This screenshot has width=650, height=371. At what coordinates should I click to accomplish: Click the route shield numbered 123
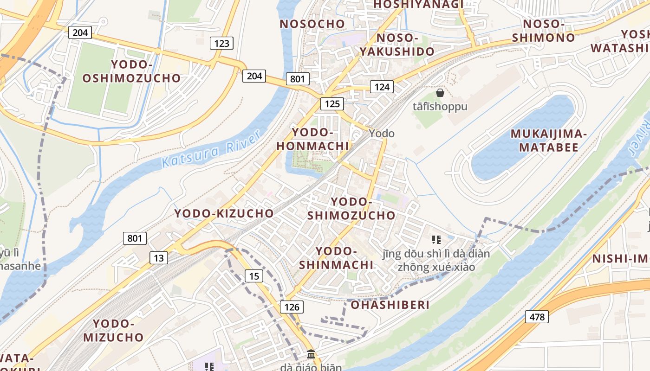click(222, 44)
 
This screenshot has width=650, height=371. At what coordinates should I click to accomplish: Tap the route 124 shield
click(382, 86)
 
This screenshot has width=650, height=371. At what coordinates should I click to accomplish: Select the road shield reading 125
click(332, 103)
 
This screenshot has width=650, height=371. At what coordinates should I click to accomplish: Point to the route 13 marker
click(159, 258)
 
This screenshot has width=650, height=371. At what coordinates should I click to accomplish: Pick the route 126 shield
click(292, 307)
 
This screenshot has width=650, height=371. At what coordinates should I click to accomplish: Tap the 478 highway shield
click(537, 317)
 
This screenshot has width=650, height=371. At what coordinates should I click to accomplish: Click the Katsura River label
click(211, 149)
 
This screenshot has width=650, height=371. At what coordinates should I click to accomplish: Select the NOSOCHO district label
click(312, 24)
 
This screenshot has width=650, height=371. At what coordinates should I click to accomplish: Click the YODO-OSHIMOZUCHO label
click(131, 71)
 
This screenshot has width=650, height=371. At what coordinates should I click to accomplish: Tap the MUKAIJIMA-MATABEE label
click(549, 141)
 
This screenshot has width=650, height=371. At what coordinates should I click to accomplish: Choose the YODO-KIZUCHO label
click(224, 213)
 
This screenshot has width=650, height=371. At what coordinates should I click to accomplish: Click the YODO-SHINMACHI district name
click(336, 258)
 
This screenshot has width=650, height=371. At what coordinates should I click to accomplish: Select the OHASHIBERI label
click(390, 305)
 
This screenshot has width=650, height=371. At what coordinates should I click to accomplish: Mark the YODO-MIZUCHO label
click(113, 330)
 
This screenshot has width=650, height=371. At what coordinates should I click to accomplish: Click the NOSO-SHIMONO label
click(543, 31)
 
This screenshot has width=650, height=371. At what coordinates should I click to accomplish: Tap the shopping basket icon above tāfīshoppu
click(440, 93)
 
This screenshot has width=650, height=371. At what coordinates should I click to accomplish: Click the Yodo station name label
click(382, 134)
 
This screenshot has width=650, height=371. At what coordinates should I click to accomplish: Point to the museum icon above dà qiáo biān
click(311, 355)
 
